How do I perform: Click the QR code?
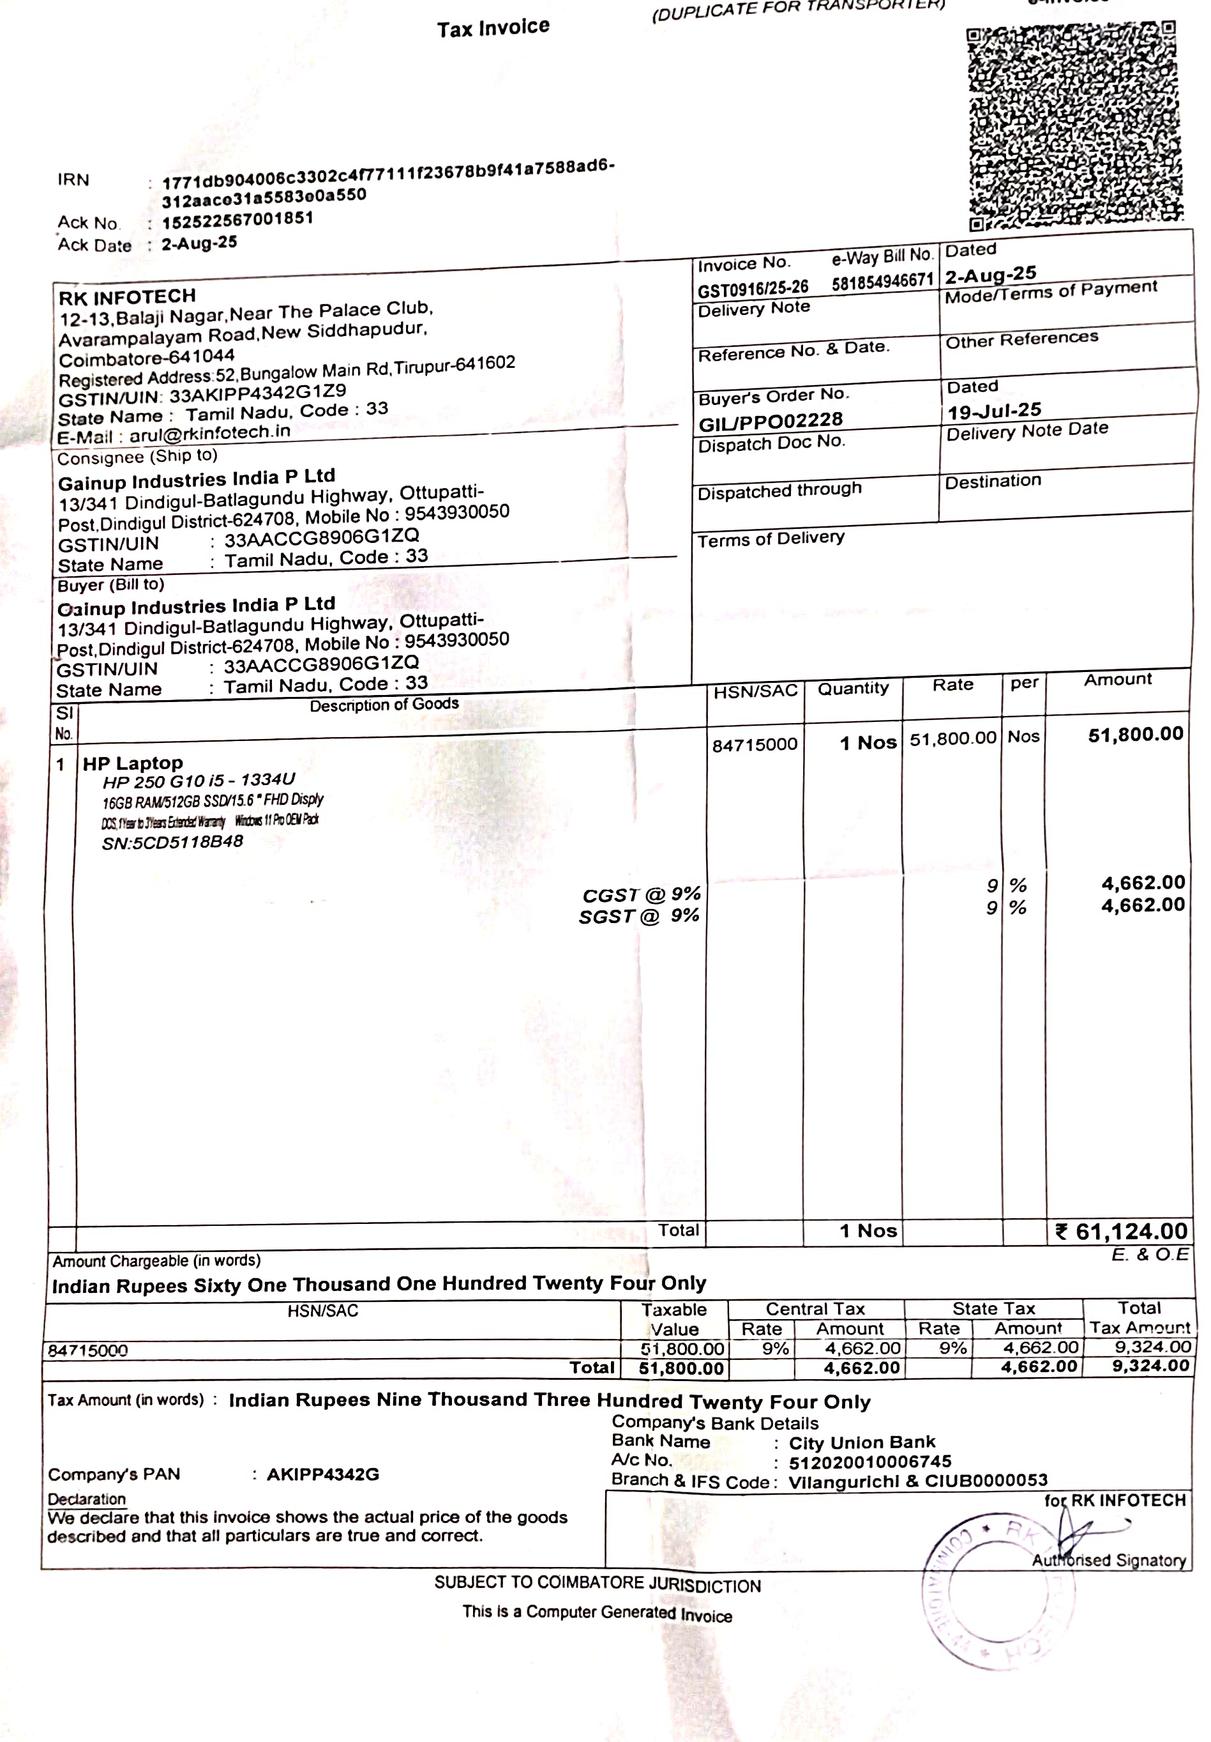1074,125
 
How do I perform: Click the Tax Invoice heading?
493,28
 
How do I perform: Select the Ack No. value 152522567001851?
237,219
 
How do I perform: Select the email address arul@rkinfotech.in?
209,433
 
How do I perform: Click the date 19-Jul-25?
994,411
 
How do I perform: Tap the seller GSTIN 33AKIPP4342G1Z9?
258,393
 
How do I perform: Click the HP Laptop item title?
133,763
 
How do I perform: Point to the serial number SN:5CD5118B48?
172,842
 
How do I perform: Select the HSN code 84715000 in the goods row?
755,744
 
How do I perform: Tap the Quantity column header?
852,688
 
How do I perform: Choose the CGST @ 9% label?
641,894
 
